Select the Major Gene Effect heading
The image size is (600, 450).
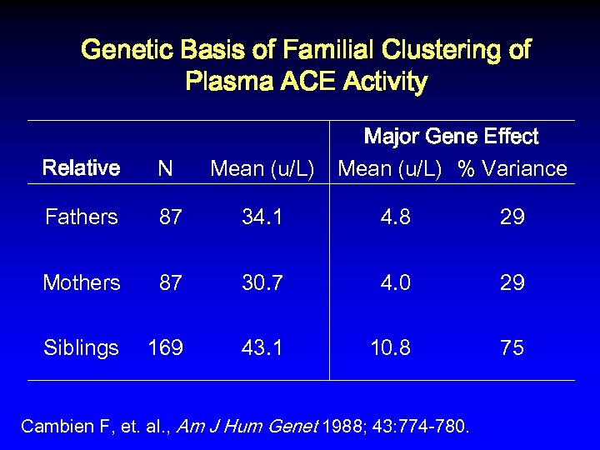pyautogui.click(x=452, y=137)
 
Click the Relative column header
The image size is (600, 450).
pyautogui.click(x=81, y=168)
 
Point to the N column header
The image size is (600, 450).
pyautogui.click(x=165, y=169)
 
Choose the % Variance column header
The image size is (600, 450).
pyautogui.click(x=512, y=169)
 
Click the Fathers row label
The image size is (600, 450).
pyautogui.click(x=82, y=217)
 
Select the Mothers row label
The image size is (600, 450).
pyautogui.click(x=82, y=282)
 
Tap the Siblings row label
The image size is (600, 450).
pyautogui.click(x=82, y=347)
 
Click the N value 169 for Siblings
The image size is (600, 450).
pyautogui.click(x=165, y=347)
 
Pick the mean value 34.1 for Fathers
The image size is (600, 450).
pyautogui.click(x=262, y=217)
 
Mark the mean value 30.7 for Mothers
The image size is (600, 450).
pyautogui.click(x=262, y=282)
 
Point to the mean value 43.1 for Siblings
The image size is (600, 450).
pyautogui.click(x=262, y=347)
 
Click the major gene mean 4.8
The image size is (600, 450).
pyautogui.click(x=395, y=217)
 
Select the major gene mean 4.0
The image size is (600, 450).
pyautogui.click(x=395, y=282)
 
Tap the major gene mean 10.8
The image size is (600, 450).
pyautogui.click(x=390, y=347)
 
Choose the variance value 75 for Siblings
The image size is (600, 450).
pyautogui.click(x=512, y=347)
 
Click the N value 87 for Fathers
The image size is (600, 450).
pyautogui.click(x=171, y=217)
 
